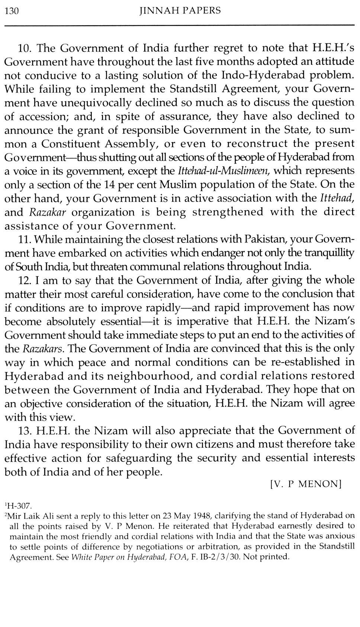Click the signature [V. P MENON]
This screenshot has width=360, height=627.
(306, 484)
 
